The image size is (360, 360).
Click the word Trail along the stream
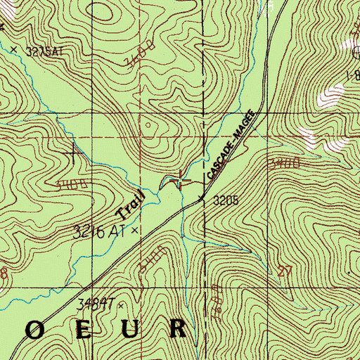[x=130, y=203]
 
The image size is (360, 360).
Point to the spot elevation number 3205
[x=227, y=200]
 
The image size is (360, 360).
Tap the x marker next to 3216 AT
[x=134, y=229]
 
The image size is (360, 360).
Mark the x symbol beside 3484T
[x=120, y=305]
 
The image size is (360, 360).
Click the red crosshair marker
[x=181, y=181]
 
